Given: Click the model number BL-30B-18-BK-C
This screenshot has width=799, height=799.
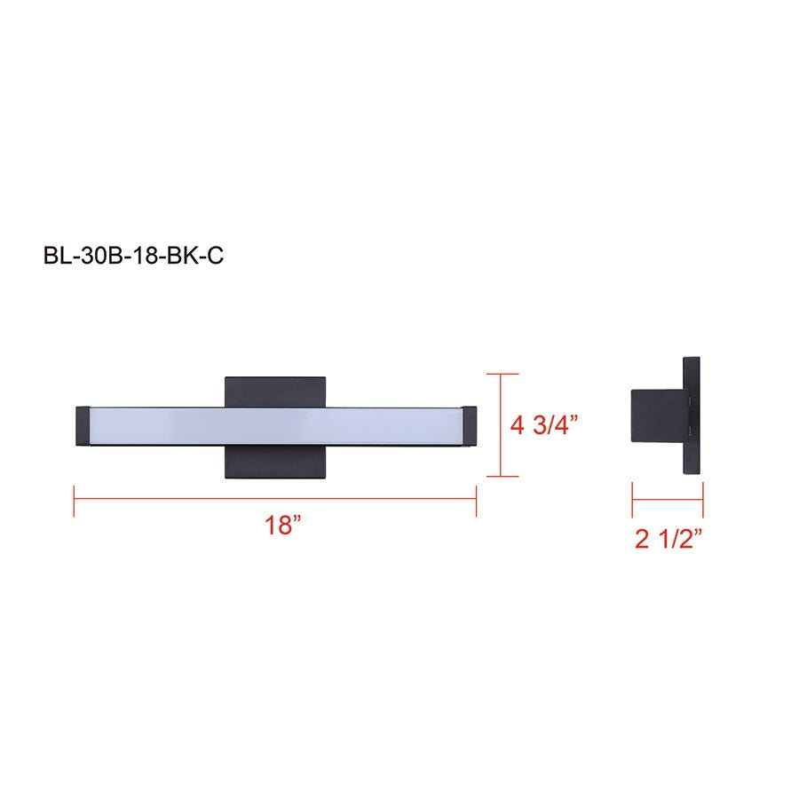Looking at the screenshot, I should coord(133,256).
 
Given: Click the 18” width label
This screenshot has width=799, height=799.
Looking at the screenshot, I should coord(278,525).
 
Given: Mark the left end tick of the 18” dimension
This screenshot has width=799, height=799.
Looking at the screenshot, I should coord(74,499).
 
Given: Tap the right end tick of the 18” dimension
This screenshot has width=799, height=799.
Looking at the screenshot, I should coord(477,499).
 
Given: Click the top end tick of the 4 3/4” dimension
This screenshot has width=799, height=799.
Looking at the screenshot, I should coord(503,374).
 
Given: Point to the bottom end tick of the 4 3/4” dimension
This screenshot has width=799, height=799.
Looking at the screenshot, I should coord(503,477).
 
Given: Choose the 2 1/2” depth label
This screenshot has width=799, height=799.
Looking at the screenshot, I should coord(668,539).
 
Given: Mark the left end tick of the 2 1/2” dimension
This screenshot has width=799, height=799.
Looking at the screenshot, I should coord(632,499).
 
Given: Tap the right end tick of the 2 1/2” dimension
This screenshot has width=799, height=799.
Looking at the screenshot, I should coord(703,499).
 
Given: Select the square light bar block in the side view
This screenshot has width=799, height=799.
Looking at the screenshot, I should coord(656,416).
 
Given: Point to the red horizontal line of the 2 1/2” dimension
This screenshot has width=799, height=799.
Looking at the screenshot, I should coord(668,499).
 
